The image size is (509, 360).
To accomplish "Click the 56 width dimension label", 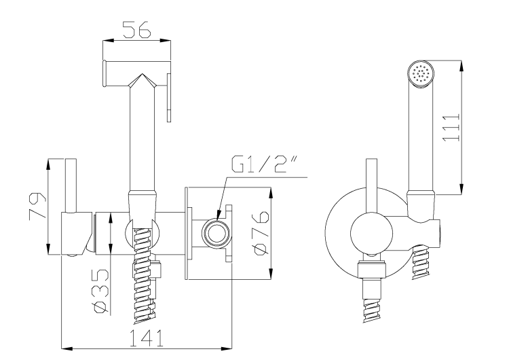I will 136,29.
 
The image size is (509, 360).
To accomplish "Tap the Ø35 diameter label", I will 100,291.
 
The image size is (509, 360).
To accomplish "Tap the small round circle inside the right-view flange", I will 368,234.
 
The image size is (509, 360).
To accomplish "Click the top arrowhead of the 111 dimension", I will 463,63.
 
